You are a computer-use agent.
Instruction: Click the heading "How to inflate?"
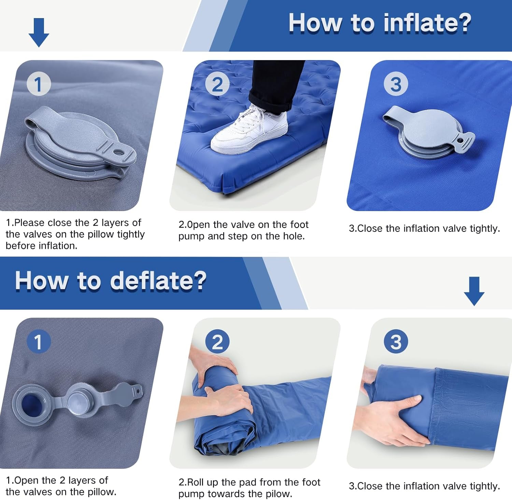tap(380, 23)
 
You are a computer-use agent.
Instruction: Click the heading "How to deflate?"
tap(111, 281)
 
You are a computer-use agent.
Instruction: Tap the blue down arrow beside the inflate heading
tap(39, 32)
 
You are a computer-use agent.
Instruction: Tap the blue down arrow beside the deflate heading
tap(474, 291)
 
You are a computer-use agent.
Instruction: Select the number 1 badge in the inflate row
tap(39, 84)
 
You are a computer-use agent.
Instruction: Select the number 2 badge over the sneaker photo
tap(217, 84)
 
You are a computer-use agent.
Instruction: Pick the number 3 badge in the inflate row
tap(396, 84)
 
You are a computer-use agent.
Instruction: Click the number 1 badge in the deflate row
tap(39, 342)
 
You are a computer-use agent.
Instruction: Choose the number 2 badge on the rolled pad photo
tap(217, 342)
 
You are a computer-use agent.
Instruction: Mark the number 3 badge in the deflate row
tap(396, 342)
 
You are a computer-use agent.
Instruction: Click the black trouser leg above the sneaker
tap(276, 82)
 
